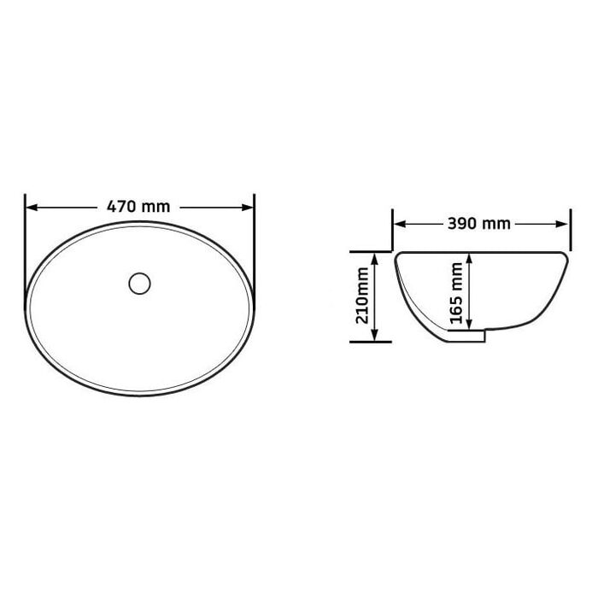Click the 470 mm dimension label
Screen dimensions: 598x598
[138, 207]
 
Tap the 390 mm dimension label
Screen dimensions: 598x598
[479, 224]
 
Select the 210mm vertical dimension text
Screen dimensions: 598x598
[362, 296]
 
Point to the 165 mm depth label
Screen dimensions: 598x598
[456, 292]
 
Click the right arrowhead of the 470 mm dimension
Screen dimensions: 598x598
[248, 208]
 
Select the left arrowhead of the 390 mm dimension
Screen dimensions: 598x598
[399, 224]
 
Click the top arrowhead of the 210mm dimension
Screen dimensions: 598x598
[374, 259]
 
